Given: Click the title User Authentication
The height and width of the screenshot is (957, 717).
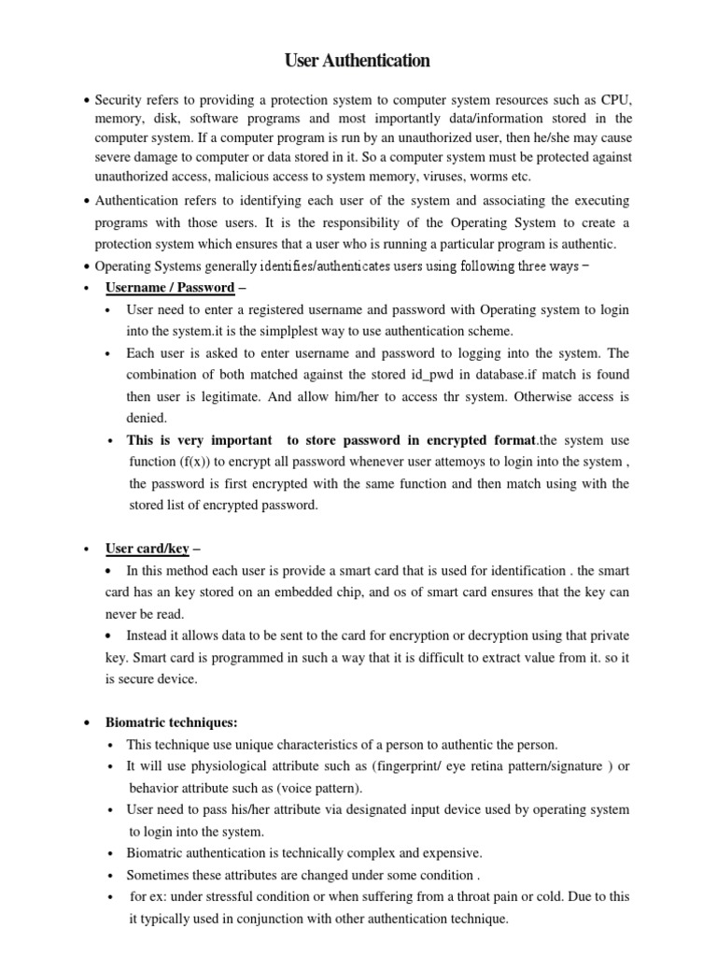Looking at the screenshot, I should pos(358,62).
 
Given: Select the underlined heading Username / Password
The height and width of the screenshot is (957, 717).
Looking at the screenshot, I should pos(170,287).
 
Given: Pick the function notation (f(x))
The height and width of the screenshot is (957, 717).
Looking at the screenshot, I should pos(201,462).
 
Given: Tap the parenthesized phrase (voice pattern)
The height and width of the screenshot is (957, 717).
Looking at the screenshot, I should pos(322,788).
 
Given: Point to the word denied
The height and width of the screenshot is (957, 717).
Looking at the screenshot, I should pos(148,418).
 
